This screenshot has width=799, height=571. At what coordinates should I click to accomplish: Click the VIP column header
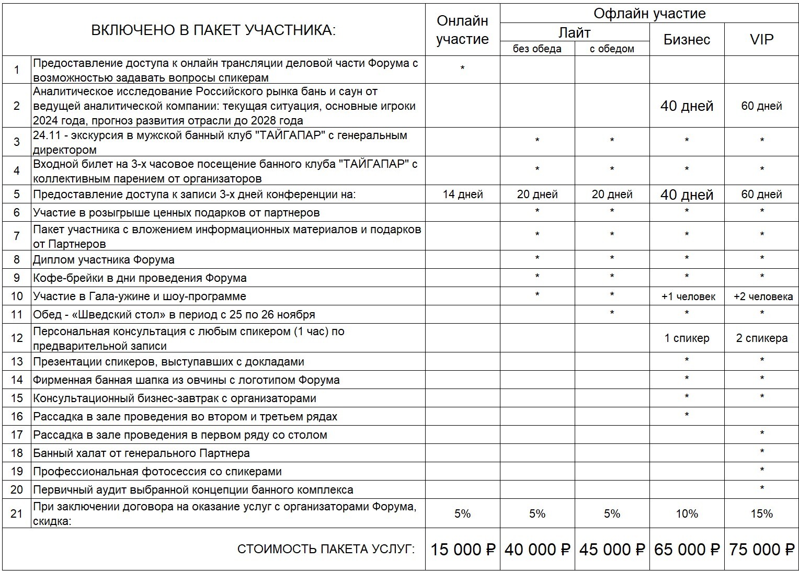pyautogui.click(x=761, y=40)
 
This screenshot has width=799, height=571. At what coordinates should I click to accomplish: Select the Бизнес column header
pyautogui.click(x=687, y=40)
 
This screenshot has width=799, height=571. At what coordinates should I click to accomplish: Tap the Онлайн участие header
pyautogui.click(x=462, y=30)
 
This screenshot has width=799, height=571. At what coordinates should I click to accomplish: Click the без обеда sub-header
pyautogui.click(x=537, y=49)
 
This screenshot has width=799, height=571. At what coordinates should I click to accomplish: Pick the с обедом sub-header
pyautogui.click(x=612, y=49)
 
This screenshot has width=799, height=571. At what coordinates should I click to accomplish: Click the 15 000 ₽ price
pyautogui.click(x=462, y=550)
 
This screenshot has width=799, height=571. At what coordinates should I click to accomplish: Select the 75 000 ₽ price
pyautogui.click(x=761, y=550)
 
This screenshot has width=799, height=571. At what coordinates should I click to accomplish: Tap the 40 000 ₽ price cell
pyautogui.click(x=537, y=550)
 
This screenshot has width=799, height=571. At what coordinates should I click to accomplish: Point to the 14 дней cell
pyautogui.click(x=462, y=195)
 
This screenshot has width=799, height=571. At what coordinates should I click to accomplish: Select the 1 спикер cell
pyautogui.click(x=687, y=338)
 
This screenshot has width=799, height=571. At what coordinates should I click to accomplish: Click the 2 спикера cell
pyautogui.click(x=761, y=338)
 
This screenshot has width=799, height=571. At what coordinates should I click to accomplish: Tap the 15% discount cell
pyautogui.click(x=761, y=514)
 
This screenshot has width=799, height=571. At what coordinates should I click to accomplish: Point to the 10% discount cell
pyautogui.click(x=687, y=514)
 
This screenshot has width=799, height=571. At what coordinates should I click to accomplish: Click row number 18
pyautogui.click(x=17, y=453)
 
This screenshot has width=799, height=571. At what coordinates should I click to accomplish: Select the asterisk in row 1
pyautogui.click(x=462, y=68)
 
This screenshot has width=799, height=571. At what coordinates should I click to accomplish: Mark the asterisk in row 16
pyautogui.click(x=687, y=416)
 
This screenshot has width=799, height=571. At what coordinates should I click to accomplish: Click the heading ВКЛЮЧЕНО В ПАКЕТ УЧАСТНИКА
pyautogui.click(x=213, y=30)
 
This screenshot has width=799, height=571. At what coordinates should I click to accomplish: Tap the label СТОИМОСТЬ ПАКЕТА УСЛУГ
pyautogui.click(x=326, y=550)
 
